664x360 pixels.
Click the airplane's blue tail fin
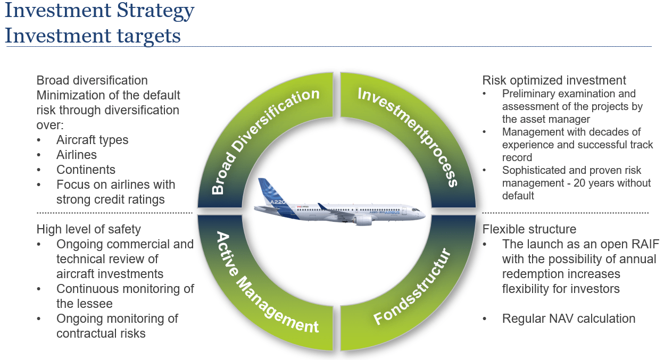(x=268, y=189)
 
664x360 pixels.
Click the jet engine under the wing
(x=363, y=220)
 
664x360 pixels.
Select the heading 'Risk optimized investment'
(x=554, y=80)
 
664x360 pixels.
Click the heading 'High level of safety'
(x=88, y=229)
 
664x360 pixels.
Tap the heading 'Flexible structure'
(x=529, y=229)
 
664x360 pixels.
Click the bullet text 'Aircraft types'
(x=92, y=140)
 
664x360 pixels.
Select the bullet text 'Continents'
(x=86, y=170)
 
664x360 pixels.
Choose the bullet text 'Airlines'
(x=77, y=155)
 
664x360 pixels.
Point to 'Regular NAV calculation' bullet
(x=568, y=319)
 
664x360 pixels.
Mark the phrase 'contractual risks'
(x=101, y=333)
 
